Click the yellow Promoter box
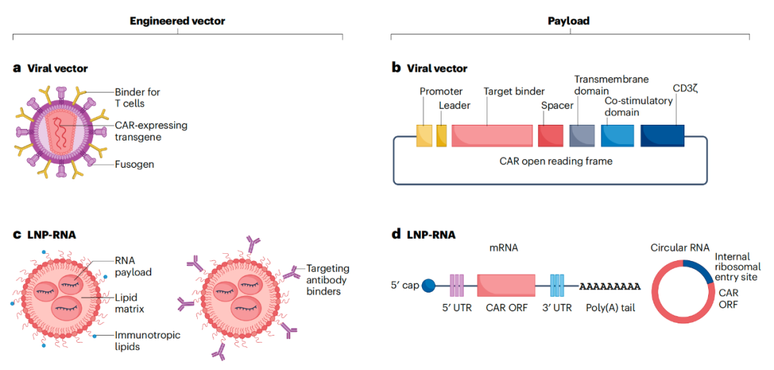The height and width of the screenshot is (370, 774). pyautogui.click(x=424, y=136)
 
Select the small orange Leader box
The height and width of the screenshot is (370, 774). pyautogui.click(x=441, y=136)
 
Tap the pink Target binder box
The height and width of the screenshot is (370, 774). pyautogui.click(x=492, y=136)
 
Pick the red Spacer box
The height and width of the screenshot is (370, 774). pyautogui.click(x=550, y=136)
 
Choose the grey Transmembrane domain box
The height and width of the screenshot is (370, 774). pyautogui.click(x=582, y=136)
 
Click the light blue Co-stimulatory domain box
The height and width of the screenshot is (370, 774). pyautogui.click(x=618, y=136)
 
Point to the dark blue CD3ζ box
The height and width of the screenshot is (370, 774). pyautogui.click(x=662, y=136)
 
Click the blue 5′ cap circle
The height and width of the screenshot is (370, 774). pyautogui.click(x=429, y=285)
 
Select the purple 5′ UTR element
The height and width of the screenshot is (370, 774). pyautogui.click(x=457, y=285)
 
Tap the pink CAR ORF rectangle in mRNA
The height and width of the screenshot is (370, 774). pyautogui.click(x=507, y=285)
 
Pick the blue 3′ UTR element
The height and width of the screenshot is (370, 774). pyautogui.click(x=557, y=285)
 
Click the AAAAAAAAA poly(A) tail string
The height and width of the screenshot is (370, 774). pyautogui.click(x=610, y=286)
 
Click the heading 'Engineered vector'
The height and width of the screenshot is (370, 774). pyautogui.click(x=178, y=21)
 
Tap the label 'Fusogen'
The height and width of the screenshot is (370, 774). pyautogui.click(x=134, y=164)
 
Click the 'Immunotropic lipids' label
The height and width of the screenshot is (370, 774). pyautogui.click(x=147, y=341)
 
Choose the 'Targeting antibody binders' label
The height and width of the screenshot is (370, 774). pyautogui.click(x=328, y=280)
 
